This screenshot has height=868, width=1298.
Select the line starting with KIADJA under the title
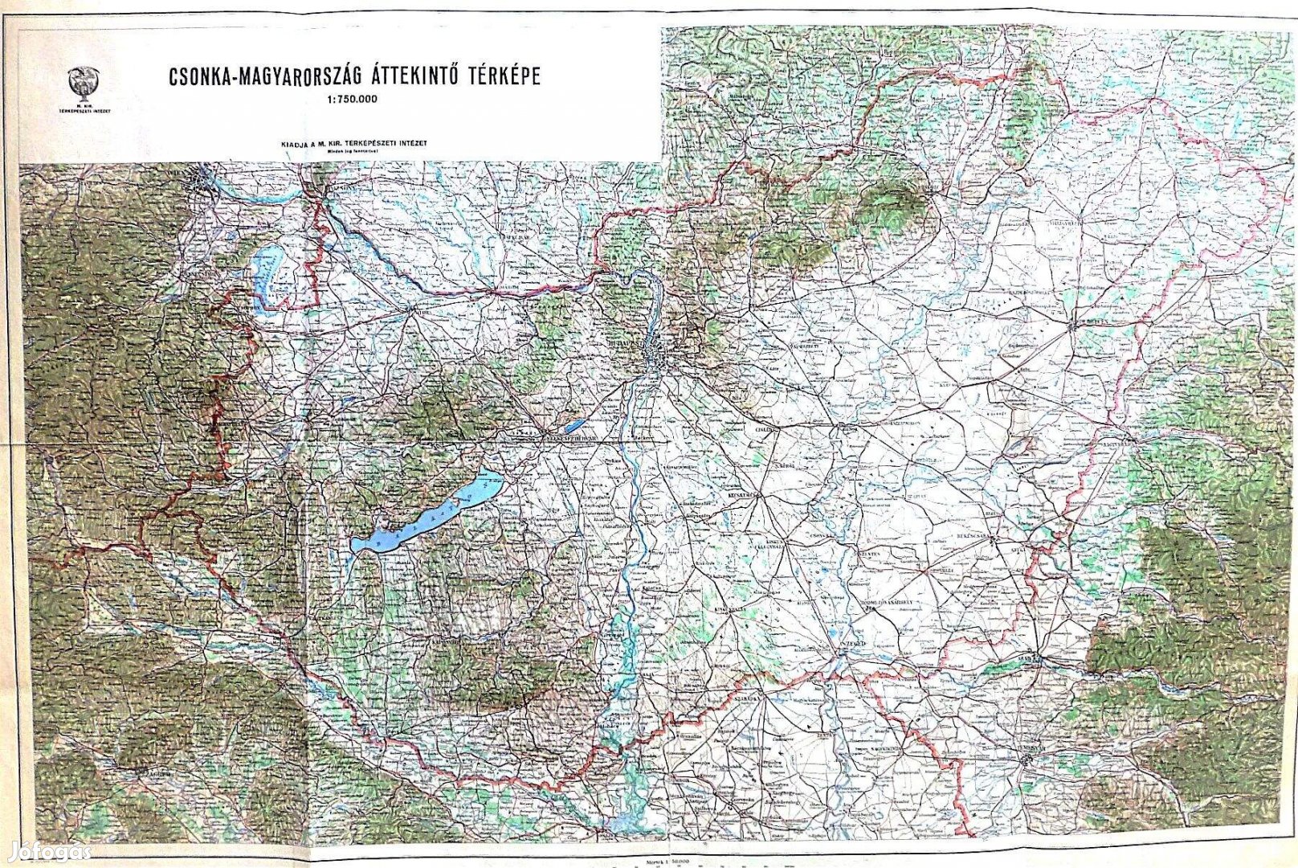tap(353, 143)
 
